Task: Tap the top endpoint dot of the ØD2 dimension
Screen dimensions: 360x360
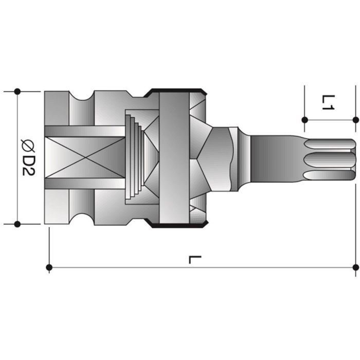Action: pyautogui.click(x=17, y=92)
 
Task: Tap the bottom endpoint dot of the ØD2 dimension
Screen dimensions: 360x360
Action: pyautogui.click(x=17, y=224)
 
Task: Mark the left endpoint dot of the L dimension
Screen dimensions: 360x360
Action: pyautogui.click(x=49, y=267)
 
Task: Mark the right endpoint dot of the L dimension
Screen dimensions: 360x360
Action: pyautogui.click(x=355, y=267)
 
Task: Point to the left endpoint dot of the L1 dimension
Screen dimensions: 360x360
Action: pyautogui.click(x=304, y=120)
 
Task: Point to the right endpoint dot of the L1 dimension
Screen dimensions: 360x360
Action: pyautogui.click(x=355, y=120)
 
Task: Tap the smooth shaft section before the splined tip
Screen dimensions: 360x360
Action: pyautogui.click(x=275, y=158)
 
